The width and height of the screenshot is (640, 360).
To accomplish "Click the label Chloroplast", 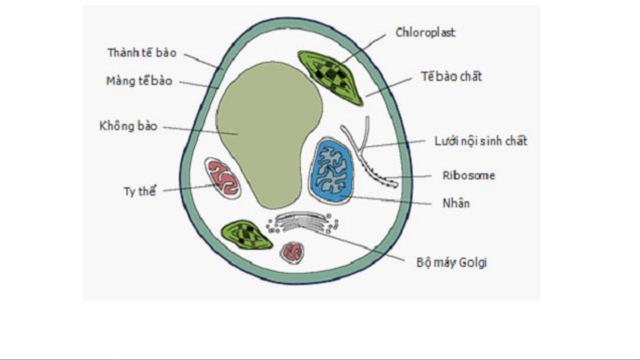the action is click(425, 33).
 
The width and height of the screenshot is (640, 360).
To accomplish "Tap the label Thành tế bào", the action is click(142, 53).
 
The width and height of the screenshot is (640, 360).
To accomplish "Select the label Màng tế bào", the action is click(139, 81).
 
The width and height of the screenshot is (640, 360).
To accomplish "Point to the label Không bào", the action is click(128, 126).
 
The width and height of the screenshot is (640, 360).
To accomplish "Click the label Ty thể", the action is click(140, 191).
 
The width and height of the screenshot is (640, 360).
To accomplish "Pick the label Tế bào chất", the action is click(451, 77).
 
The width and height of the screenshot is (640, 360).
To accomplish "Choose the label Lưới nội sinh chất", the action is click(481, 141).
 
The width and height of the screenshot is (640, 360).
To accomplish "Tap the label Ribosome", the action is click(468, 176).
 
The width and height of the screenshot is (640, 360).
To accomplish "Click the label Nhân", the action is click(456, 203).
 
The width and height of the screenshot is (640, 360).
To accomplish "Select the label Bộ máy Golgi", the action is click(452, 262).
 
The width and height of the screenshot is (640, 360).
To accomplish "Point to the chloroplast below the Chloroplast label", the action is click(330, 77).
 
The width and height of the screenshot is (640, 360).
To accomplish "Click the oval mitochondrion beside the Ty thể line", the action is click(223, 178).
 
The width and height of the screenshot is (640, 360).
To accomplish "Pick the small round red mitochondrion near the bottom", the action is click(292, 252).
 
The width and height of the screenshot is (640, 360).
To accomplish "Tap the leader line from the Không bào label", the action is click(201, 130).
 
